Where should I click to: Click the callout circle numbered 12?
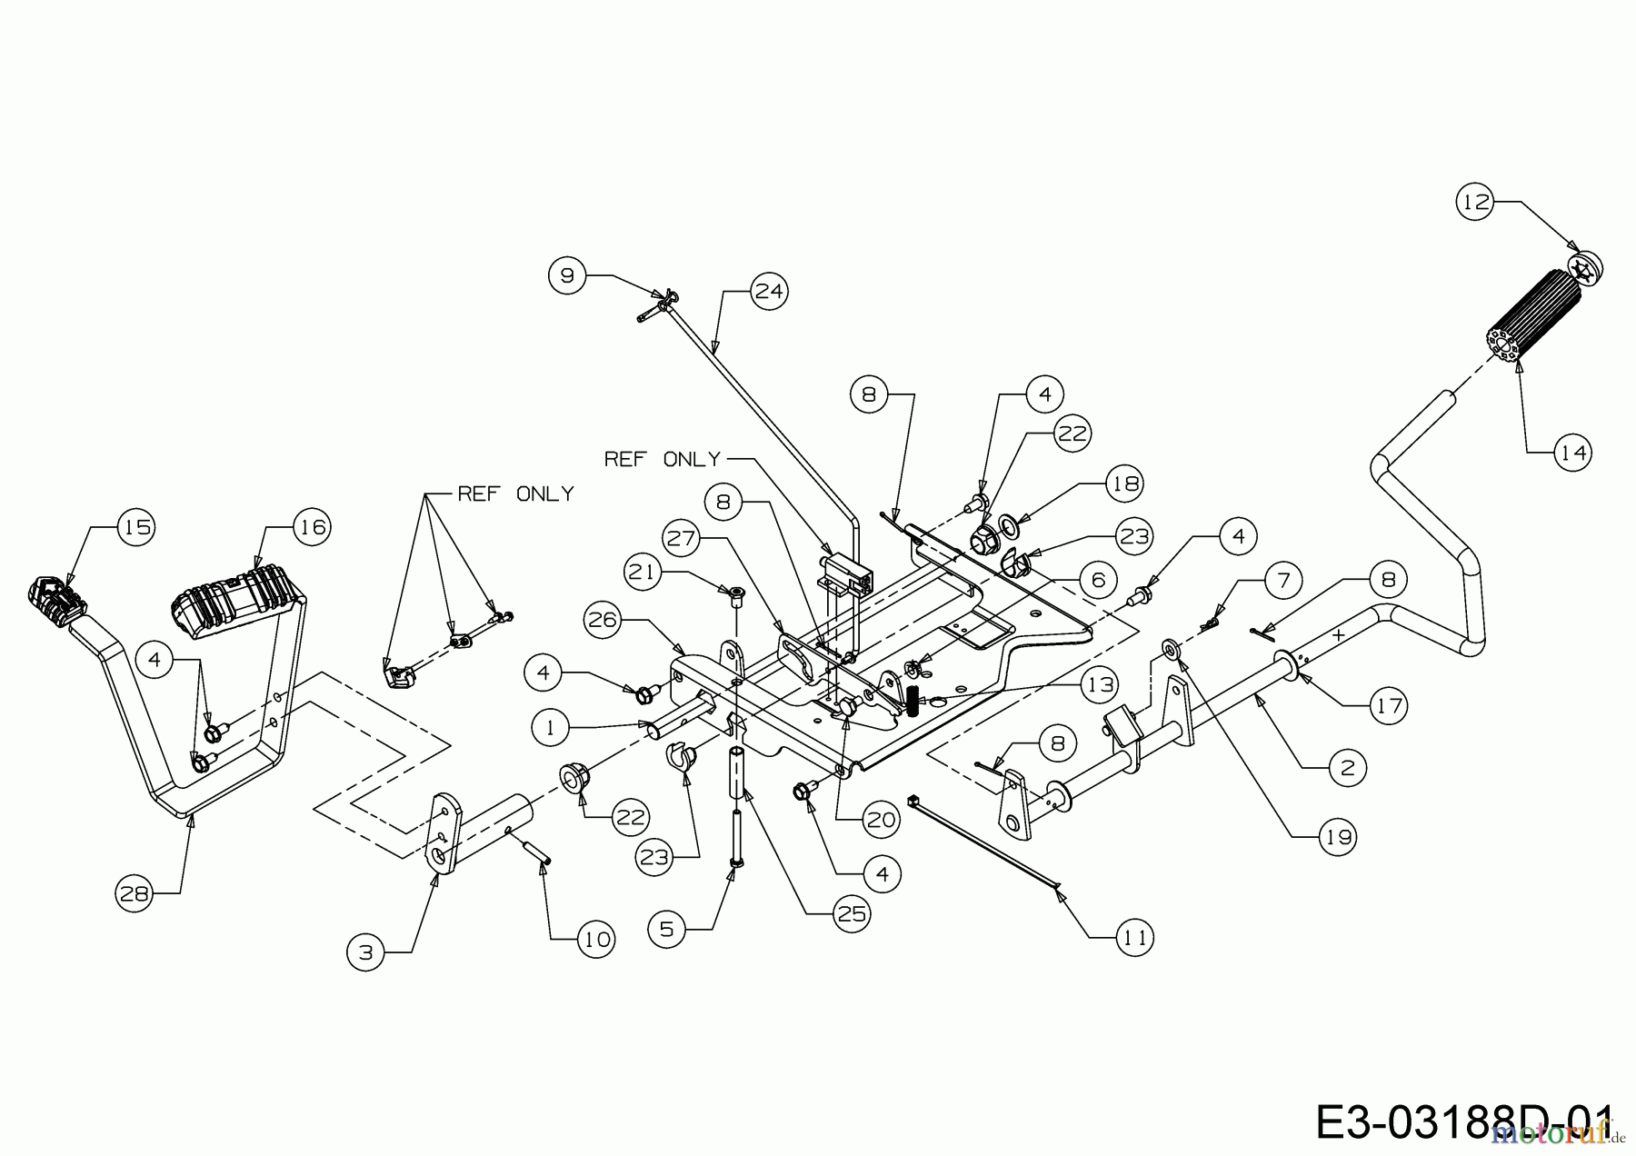[1477, 202]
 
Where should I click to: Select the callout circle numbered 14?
[1573, 452]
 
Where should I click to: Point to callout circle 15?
[136, 527]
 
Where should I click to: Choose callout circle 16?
[312, 527]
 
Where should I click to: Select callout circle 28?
[135, 894]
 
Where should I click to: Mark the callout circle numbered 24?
[769, 292]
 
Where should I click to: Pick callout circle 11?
[1135, 937]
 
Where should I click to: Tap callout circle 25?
[852, 913]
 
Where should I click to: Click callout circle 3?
[365, 952]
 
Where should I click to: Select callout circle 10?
[596, 939]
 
